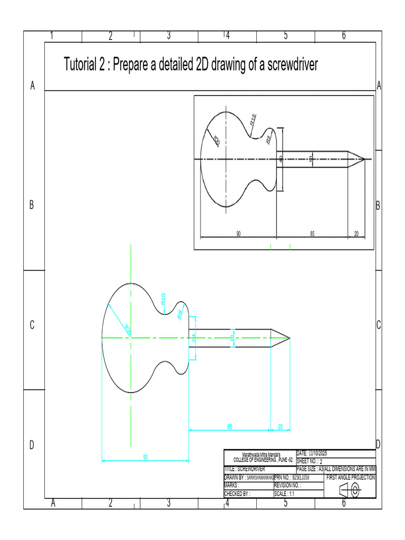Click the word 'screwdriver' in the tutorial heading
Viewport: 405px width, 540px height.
(285, 65)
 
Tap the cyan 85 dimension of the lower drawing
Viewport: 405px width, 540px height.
(229, 426)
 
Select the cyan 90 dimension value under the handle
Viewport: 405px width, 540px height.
(145, 457)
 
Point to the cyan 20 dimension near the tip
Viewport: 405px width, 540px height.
(280, 426)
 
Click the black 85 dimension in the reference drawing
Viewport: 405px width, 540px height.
(312, 234)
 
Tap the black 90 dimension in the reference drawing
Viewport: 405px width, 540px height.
(238, 234)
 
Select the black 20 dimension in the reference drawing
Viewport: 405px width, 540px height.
(356, 234)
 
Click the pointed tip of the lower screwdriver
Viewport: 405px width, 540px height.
(290, 337)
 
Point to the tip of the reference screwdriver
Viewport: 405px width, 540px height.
(364, 159)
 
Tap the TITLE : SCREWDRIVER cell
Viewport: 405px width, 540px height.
(245, 468)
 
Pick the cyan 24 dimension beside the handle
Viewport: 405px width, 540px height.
(194, 340)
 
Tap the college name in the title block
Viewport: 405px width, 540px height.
(261, 457)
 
